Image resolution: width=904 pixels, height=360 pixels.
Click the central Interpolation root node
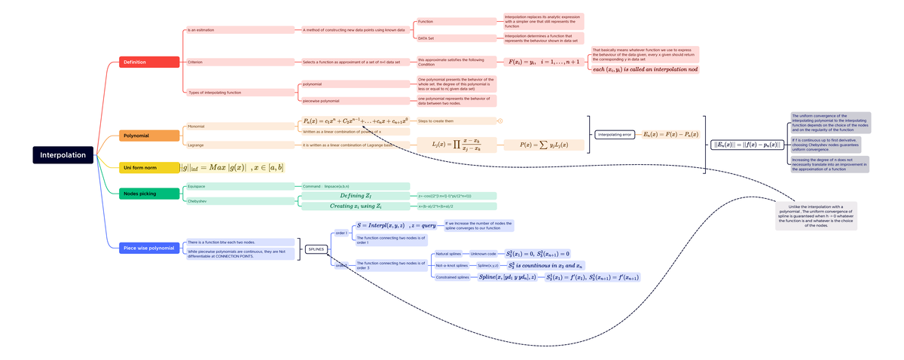[63, 155]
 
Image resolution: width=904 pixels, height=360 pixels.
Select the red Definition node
[149, 62]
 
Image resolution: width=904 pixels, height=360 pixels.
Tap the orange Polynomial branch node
[149, 136]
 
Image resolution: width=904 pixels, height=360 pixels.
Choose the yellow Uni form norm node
[149, 167]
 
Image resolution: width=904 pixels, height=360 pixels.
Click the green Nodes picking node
[149, 194]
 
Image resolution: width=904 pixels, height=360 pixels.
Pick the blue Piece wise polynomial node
[149, 248]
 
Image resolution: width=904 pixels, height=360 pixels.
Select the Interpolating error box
[614, 135]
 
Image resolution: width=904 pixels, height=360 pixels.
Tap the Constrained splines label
[452, 277]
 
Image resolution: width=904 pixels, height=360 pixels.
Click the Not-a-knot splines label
[452, 265]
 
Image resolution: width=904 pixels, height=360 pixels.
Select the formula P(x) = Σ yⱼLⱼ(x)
[542, 145]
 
